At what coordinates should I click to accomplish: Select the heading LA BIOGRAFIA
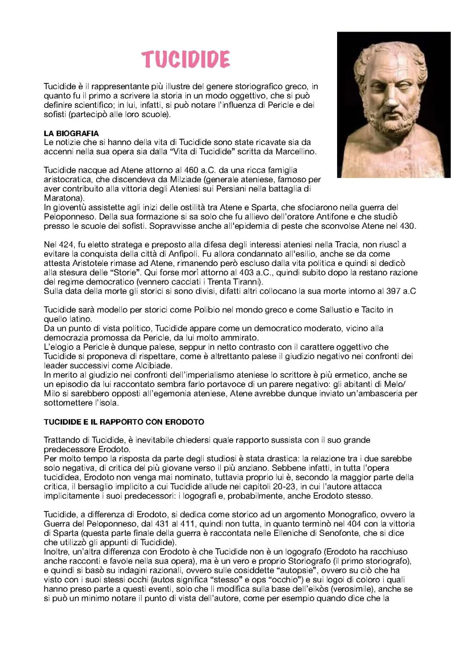pos(71,133)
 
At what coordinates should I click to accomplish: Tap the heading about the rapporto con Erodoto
pos(124,422)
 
